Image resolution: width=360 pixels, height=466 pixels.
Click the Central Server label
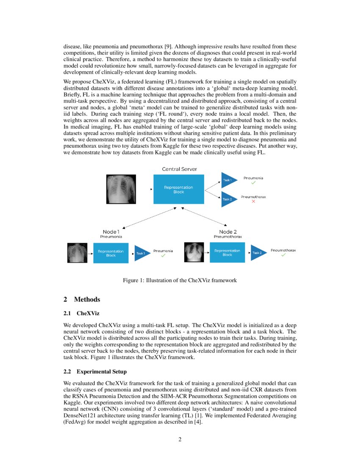(x=179, y=169)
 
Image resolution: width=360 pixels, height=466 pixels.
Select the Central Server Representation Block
(x=179, y=189)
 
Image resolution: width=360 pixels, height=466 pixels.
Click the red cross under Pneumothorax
(x=253, y=202)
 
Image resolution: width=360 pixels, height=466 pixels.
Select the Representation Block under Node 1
(x=111, y=253)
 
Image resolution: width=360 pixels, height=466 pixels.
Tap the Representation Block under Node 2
(x=227, y=253)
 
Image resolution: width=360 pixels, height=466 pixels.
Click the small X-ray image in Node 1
(x=77, y=253)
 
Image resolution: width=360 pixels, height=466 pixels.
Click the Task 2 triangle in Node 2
(x=258, y=253)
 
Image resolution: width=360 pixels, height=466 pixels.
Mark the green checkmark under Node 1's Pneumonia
(x=163, y=255)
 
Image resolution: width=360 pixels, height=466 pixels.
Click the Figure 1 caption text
(x=180, y=280)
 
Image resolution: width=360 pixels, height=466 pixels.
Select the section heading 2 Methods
(x=82, y=300)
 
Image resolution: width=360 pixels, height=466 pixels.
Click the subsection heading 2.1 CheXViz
(x=81, y=314)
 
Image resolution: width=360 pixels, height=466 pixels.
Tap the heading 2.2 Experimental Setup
(x=95, y=372)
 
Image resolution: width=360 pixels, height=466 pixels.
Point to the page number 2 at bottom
(x=180, y=439)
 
